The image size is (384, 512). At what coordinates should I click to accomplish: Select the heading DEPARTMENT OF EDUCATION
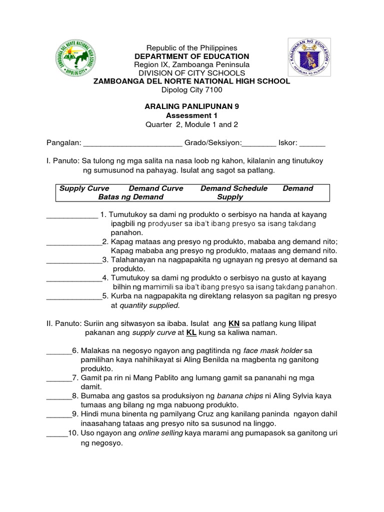coord(191,56)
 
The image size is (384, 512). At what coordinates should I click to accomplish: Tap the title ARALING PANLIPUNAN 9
coord(191,106)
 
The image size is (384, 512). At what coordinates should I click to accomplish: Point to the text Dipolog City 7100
coord(191,89)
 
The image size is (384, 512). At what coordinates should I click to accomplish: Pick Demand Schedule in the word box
coord(233,188)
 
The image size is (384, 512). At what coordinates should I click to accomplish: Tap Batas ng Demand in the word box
coord(130,197)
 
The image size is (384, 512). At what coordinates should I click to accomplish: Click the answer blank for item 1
coord(72,216)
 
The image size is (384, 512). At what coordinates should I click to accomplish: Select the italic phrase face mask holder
coord(274,351)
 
